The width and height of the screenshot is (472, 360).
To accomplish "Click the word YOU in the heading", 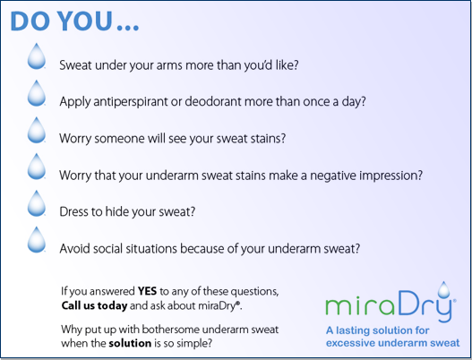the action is click(x=85, y=21).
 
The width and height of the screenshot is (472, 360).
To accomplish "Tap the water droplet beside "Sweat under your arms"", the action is click(x=37, y=56).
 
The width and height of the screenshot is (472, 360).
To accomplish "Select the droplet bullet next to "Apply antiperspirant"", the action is click(x=37, y=93).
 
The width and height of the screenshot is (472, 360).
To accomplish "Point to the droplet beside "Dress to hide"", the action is click(x=37, y=203).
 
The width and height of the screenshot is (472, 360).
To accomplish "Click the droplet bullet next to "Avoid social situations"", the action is click(x=37, y=240).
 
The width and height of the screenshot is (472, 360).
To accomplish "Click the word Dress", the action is click(x=73, y=211).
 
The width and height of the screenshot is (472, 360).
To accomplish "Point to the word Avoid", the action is click(x=74, y=249).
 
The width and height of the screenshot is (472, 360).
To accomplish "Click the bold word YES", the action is click(x=147, y=291).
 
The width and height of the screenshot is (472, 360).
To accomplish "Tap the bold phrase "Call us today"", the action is click(x=94, y=305).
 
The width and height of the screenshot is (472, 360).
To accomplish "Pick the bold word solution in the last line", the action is click(x=130, y=343).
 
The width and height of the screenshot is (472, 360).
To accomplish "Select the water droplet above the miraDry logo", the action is click(x=443, y=289).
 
